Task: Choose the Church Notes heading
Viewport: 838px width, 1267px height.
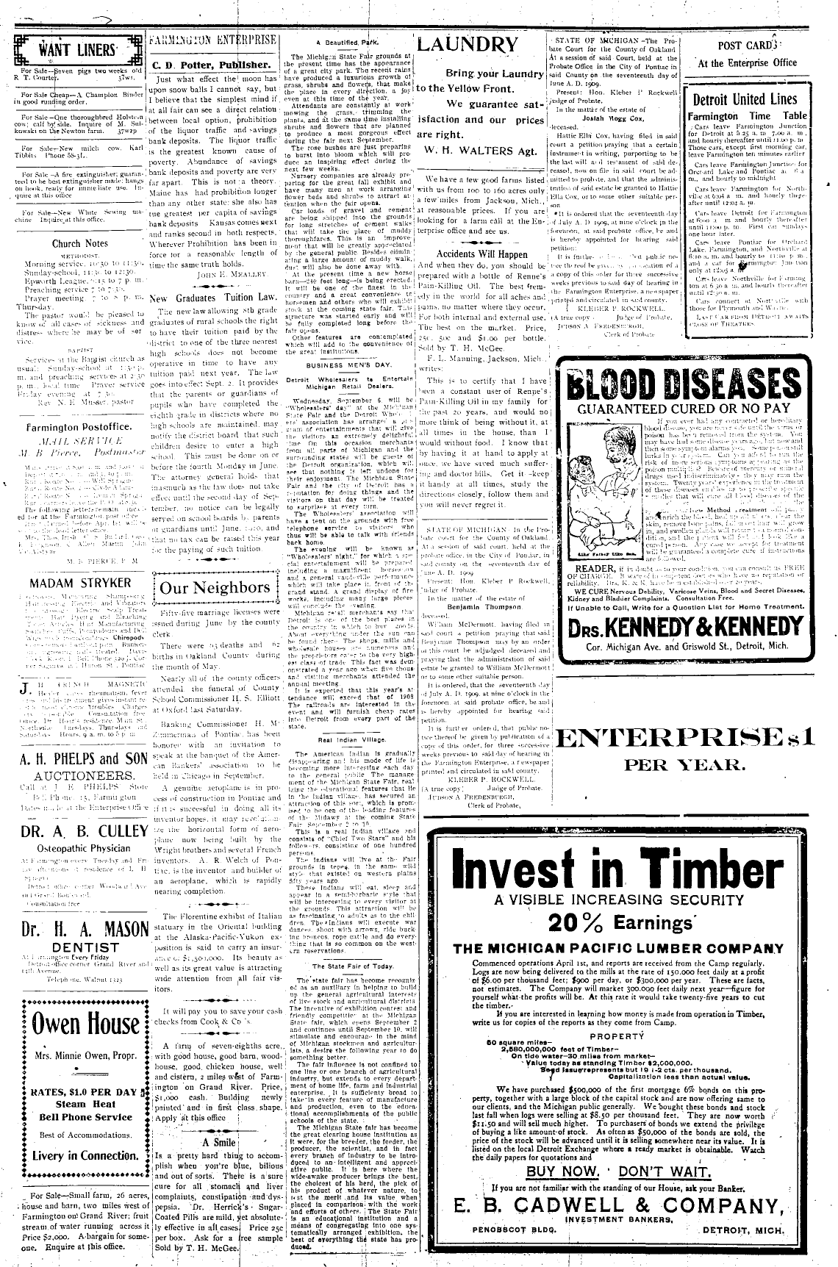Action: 79,243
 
